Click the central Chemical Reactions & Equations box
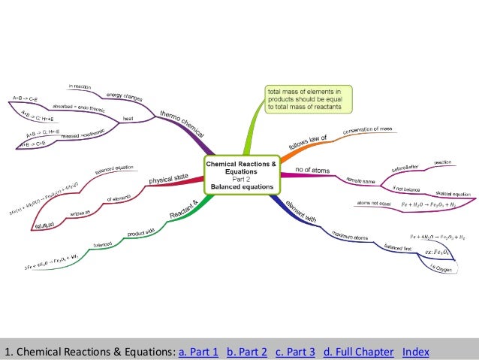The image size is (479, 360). tap(241, 174)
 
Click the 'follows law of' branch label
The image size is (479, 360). tap(306, 136)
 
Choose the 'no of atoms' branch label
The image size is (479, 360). tap(308, 171)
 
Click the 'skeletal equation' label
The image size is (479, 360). tap(451, 192)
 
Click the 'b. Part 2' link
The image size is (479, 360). tap(247, 351)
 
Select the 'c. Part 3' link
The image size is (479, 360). tap(296, 351)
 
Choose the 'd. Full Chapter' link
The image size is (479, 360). tap(357, 351)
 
